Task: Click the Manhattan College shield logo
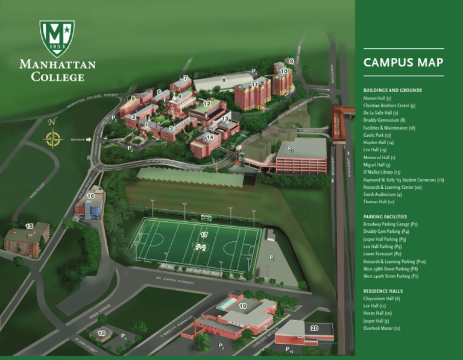point(57,37)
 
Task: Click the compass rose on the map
point(53,140)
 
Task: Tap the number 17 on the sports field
point(204,235)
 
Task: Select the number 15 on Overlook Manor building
point(29,226)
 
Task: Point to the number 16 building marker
point(90,196)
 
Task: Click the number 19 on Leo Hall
point(243,306)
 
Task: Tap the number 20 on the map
point(315,328)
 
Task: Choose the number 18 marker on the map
point(101,333)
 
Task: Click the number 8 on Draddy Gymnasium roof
point(224,79)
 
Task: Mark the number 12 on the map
point(207,103)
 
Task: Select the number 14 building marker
point(209,137)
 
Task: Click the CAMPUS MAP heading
point(403,62)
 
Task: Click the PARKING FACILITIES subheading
point(385,216)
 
